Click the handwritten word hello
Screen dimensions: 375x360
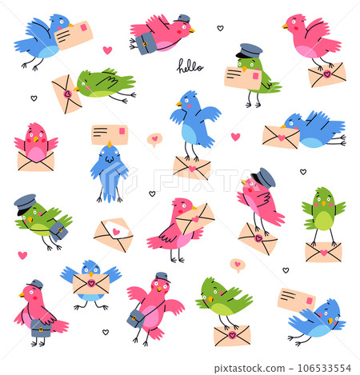click(190, 66)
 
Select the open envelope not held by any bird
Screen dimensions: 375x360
click(113, 234)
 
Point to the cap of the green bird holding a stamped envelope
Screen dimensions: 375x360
click(250, 50)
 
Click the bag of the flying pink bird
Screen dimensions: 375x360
click(147, 44)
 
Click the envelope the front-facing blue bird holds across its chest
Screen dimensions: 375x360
click(90, 283)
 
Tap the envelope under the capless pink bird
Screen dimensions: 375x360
click(326, 76)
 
